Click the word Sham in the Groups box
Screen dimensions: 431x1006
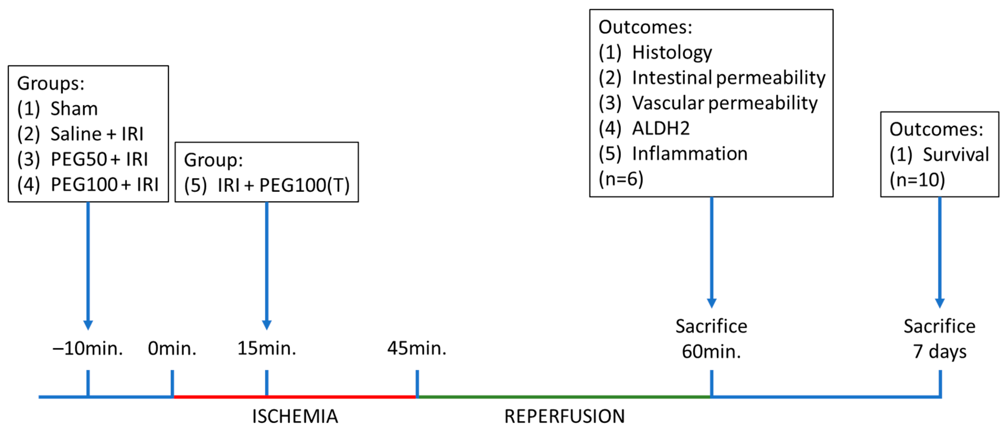(x=74, y=109)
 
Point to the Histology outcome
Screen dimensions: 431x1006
(x=672, y=52)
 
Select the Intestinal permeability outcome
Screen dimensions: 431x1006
(x=728, y=78)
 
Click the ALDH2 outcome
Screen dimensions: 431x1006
(x=661, y=129)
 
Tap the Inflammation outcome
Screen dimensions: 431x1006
(x=689, y=154)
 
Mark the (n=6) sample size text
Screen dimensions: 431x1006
(x=621, y=179)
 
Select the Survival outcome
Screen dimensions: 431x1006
(x=955, y=154)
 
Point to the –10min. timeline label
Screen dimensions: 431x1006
(x=88, y=348)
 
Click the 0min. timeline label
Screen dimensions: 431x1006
(x=172, y=348)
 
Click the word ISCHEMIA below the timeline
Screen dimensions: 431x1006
(x=295, y=416)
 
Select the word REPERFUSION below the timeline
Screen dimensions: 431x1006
(x=564, y=416)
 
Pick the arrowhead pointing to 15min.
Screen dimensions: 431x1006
(x=267, y=325)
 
